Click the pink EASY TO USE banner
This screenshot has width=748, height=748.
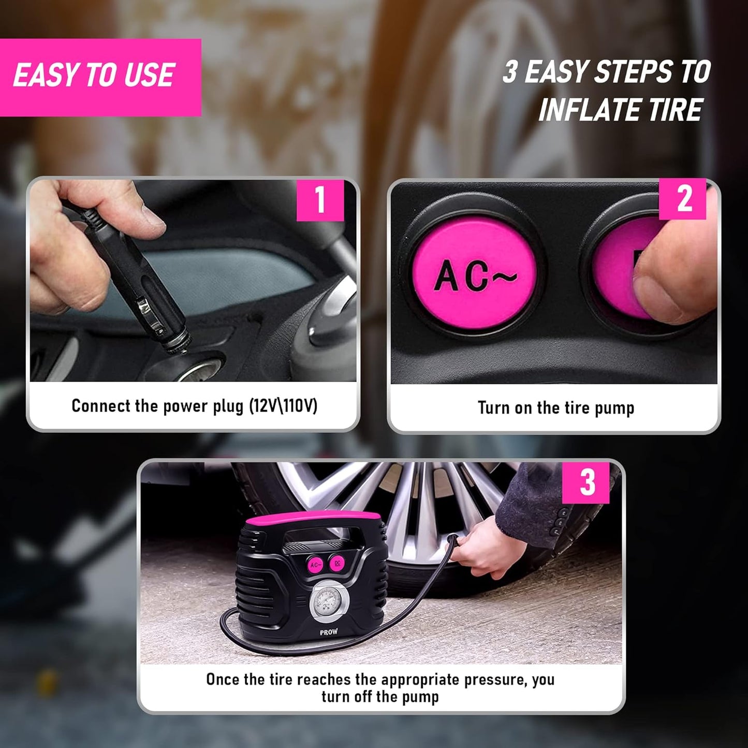pos(100,77)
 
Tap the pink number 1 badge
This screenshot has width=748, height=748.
pos(320,199)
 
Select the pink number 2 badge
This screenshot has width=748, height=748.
pos(683,199)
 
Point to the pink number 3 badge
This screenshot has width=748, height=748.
pos(587,482)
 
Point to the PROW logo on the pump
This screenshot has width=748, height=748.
pos(329,632)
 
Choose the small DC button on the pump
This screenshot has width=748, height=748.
pos(336,562)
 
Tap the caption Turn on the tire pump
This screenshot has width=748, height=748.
pos(555,408)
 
